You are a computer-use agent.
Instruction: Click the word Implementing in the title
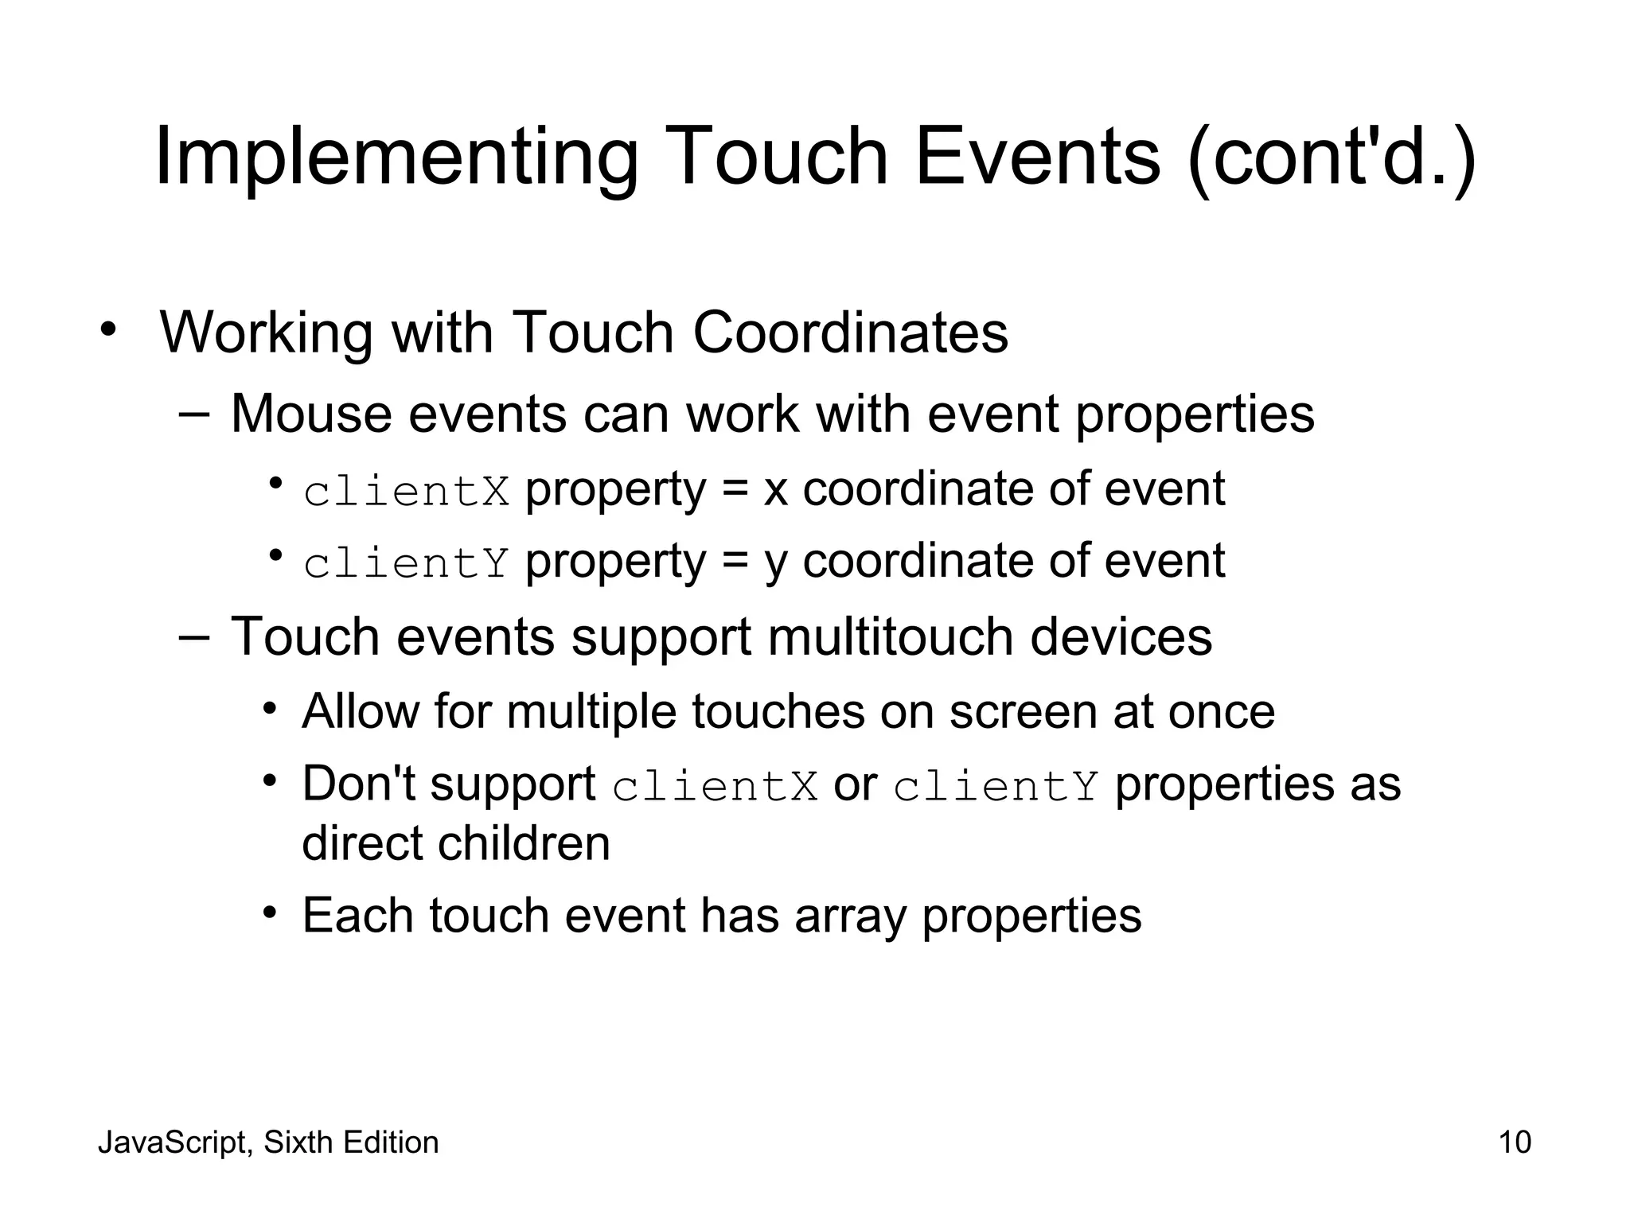pos(396,156)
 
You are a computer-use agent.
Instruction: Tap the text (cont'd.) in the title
pos(1332,156)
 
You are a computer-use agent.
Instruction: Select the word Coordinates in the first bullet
pos(850,332)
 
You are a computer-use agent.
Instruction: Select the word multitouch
pos(890,636)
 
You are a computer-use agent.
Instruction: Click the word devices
pos(1121,636)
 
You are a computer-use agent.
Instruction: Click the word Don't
pos(359,784)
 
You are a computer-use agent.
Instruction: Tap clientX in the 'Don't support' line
pos(715,787)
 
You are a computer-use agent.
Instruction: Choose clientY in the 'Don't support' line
pos(996,787)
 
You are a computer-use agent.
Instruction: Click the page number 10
pos(1515,1142)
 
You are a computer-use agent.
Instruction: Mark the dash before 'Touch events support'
pos(194,636)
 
